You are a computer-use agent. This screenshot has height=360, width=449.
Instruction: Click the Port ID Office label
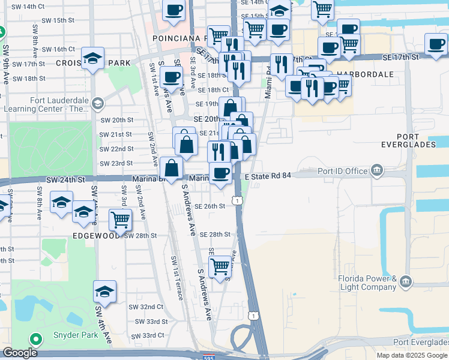click(x=342, y=171)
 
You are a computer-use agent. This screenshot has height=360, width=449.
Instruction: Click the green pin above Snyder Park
click(x=35, y=340)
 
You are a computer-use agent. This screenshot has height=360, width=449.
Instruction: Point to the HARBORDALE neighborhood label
click(x=365, y=74)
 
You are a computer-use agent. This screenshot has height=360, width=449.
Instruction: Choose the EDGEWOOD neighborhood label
click(x=95, y=236)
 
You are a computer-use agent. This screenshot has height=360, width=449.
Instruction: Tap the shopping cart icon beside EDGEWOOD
click(x=121, y=220)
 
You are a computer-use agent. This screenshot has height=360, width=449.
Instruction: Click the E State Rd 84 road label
click(x=268, y=176)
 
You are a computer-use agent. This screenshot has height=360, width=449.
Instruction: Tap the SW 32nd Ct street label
click(x=146, y=307)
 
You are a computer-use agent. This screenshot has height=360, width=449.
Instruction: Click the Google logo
click(x=20, y=353)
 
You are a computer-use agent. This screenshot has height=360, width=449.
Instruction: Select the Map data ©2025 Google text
click(x=412, y=355)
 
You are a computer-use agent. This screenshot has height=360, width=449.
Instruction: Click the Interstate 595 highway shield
click(x=206, y=355)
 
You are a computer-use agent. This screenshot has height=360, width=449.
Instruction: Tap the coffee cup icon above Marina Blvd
click(x=220, y=173)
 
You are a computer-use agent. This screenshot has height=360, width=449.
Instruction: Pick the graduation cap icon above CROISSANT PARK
click(x=93, y=58)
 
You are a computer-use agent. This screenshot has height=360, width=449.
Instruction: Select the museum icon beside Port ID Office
click(x=376, y=170)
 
